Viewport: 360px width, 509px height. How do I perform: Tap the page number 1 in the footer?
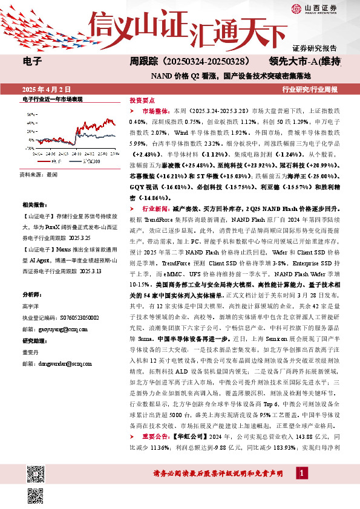click(300, 488)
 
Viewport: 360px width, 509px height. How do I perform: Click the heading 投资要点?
click(143, 102)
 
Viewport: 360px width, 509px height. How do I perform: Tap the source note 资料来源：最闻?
click(38, 173)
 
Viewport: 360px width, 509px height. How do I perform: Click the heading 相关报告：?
click(33, 205)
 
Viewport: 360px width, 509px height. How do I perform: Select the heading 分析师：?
click(31, 294)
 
